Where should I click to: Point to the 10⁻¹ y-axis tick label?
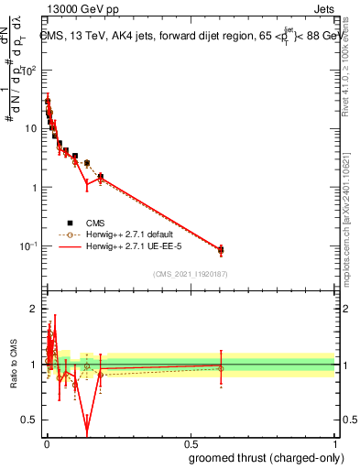[x=29, y=246]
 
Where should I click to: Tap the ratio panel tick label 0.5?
[x=31, y=420]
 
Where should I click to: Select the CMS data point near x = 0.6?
[x=220, y=249]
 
